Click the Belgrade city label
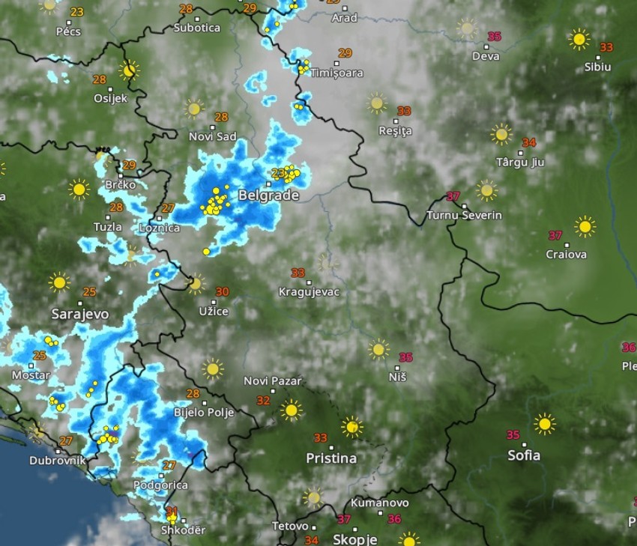tap(268, 195)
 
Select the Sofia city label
tap(524, 455)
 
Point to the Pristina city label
tap(331, 457)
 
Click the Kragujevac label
tap(309, 291)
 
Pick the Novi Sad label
tap(212, 136)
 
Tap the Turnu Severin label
tap(464, 215)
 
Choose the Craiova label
tap(566, 254)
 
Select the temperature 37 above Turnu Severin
tap(453, 196)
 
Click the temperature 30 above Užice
tap(222, 291)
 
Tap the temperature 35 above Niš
tap(406, 357)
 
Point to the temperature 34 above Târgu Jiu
tap(529, 142)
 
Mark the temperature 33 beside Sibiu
tap(606, 47)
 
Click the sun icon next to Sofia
tap(545, 424)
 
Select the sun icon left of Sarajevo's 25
tap(59, 282)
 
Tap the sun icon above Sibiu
tap(579, 39)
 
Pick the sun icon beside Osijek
tap(130, 71)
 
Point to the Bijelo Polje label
tap(204, 412)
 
